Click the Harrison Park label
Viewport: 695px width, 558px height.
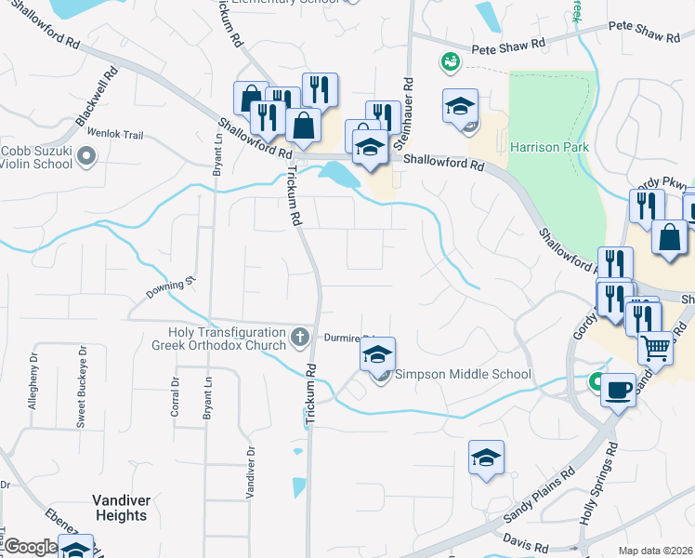point(549,148)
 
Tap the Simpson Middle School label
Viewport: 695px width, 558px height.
point(464,375)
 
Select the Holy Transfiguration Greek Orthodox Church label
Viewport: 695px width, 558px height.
point(226,339)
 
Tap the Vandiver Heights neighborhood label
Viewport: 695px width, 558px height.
point(121,508)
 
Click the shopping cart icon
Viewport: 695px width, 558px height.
point(656,348)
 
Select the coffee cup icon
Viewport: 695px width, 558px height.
point(618,391)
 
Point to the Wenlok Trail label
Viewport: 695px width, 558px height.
point(115,135)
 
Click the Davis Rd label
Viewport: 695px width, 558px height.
point(527,540)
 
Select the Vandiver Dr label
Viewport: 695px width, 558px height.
point(250,473)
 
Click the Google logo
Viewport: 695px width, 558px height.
point(31,548)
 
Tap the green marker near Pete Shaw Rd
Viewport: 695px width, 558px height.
point(451,61)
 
